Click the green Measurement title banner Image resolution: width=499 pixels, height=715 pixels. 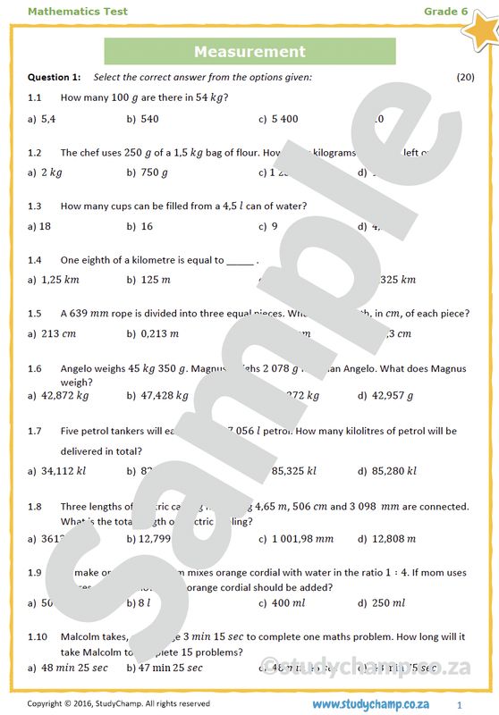click(249, 52)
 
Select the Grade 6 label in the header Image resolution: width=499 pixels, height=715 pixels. click(445, 12)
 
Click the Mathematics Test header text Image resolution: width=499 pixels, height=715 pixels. click(78, 12)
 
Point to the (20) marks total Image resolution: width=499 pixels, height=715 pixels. click(465, 77)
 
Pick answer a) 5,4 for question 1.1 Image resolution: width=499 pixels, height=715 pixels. click(42, 118)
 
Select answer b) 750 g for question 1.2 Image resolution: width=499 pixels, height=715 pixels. click(148, 172)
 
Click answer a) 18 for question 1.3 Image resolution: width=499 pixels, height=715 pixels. click(39, 226)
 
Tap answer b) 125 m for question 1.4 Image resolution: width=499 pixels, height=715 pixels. click(148, 280)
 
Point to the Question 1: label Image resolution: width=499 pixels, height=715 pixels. click(55, 77)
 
